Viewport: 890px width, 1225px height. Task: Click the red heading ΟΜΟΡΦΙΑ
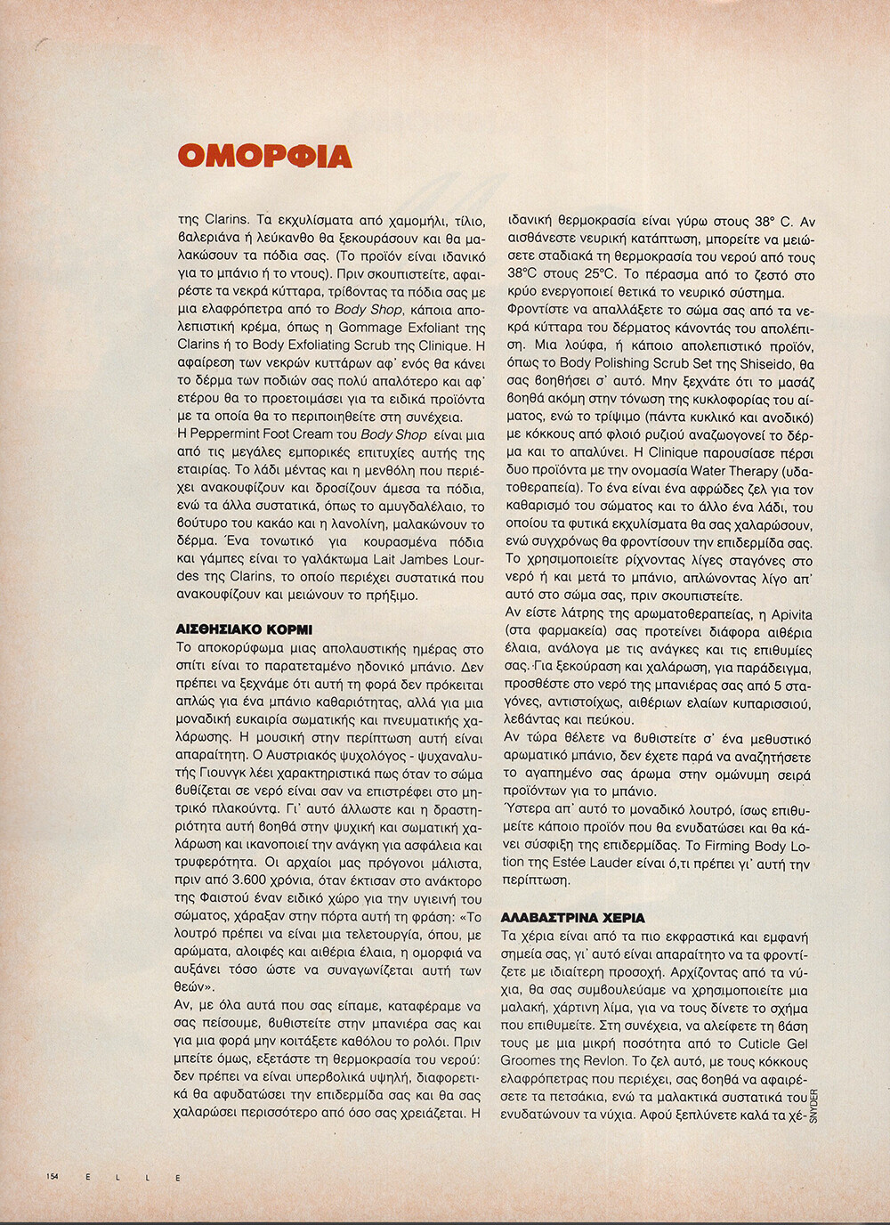(x=264, y=157)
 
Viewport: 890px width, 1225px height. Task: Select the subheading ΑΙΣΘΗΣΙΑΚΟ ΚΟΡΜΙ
(x=244, y=628)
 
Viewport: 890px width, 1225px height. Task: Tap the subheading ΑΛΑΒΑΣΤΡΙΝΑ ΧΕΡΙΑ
(x=573, y=917)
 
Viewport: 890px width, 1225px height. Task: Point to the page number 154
(x=53, y=1176)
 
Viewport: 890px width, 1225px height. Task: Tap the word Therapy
(x=728, y=471)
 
